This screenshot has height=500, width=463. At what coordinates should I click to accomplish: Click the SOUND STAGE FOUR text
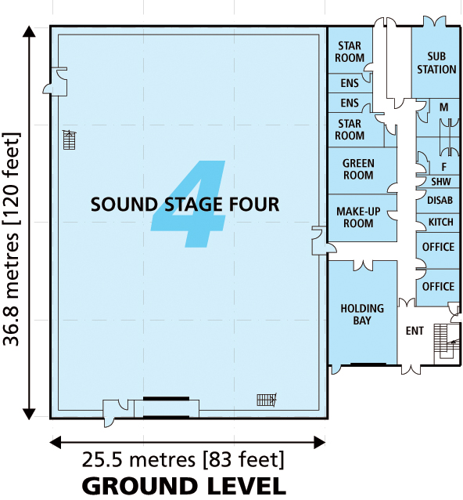click(185, 205)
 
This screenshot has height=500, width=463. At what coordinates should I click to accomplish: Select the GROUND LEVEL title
click(184, 485)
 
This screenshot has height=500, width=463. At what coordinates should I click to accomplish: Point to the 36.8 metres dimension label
click(12, 223)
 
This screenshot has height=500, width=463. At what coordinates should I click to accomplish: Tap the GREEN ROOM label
click(358, 169)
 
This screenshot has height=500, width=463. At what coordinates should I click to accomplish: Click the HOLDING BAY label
click(361, 314)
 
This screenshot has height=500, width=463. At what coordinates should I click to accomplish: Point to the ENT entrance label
click(415, 331)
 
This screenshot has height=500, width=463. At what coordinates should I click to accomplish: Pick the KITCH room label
click(440, 223)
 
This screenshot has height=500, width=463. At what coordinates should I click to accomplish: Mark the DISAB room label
click(440, 201)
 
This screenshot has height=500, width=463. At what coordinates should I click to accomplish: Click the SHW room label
click(440, 181)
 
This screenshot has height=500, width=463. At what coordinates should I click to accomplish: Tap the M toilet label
click(443, 107)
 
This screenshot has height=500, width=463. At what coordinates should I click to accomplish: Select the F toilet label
click(443, 166)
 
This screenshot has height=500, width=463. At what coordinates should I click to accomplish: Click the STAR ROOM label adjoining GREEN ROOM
click(350, 129)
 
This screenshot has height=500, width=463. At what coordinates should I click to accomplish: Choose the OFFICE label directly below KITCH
click(438, 247)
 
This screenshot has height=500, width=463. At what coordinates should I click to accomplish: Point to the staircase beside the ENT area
click(448, 337)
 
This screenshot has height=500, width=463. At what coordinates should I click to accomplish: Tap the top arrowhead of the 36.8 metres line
click(30, 33)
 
